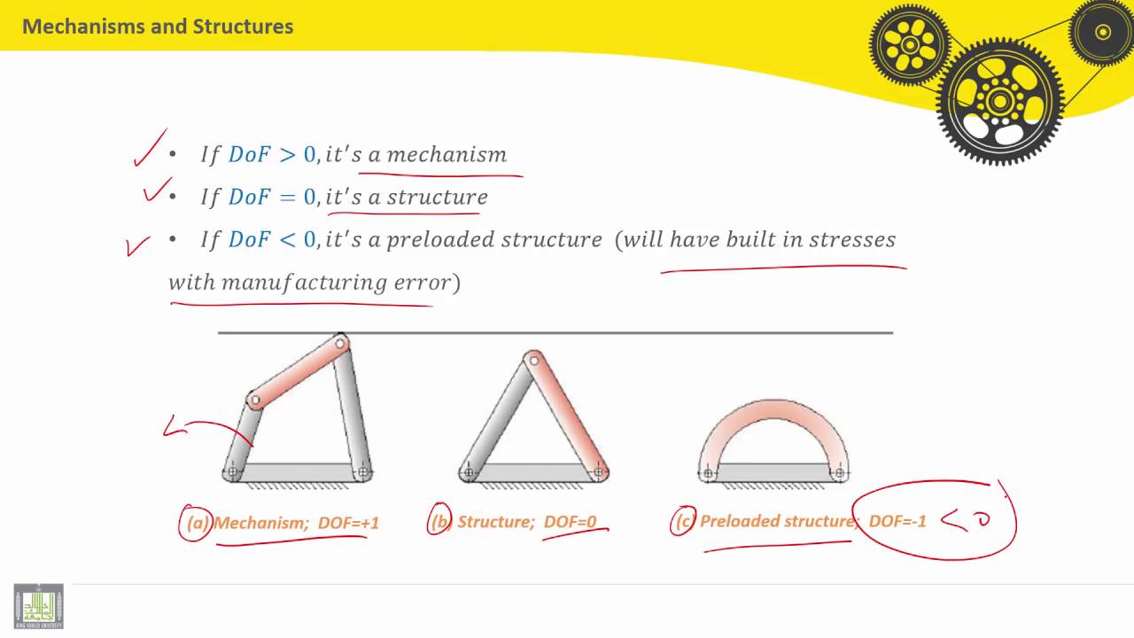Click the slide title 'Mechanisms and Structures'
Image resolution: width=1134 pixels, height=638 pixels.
[158, 27]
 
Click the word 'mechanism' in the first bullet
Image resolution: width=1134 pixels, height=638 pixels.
[447, 155]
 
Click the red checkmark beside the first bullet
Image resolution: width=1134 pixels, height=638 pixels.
[150, 149]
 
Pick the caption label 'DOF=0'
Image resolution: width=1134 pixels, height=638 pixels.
[570, 522]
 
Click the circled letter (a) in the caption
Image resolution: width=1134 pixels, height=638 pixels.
[196, 523]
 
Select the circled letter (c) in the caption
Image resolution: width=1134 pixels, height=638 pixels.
[683, 521]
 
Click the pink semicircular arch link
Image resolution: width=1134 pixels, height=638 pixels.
[773, 416]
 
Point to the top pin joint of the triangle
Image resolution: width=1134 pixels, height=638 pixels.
[532, 361]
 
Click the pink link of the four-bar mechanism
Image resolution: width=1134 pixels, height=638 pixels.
[298, 372]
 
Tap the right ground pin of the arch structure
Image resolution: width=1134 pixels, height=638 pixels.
[838, 473]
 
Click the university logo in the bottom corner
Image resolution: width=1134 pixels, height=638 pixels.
[38, 606]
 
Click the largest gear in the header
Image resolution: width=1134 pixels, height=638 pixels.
[999, 102]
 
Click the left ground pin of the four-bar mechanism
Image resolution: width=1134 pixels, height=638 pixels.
[233, 472]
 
